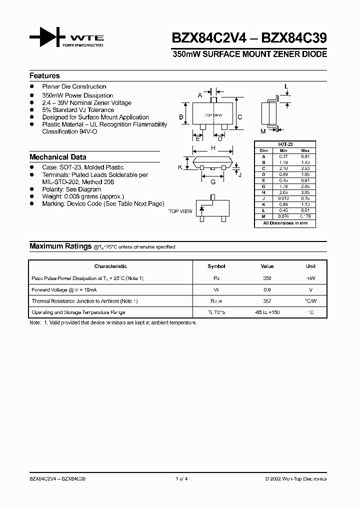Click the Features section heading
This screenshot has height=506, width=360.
44,76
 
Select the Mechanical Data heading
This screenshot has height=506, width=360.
57,157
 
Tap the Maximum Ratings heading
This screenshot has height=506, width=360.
60,246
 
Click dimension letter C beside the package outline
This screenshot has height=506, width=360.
240,117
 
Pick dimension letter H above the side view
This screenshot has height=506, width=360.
213,148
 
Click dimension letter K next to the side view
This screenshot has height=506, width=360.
180,167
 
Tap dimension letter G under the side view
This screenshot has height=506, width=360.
213,182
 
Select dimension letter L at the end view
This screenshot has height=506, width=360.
286,86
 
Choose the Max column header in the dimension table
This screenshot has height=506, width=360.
305,150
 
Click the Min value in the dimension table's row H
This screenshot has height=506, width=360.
283,192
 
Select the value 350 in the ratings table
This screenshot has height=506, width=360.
266,278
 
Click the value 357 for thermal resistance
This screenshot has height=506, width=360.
266,301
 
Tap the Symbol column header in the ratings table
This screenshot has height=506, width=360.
216,266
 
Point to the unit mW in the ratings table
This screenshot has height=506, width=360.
311,278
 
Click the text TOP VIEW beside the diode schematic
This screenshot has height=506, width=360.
180,211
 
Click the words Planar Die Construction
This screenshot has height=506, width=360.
74,87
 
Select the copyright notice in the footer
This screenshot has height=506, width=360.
295,478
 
